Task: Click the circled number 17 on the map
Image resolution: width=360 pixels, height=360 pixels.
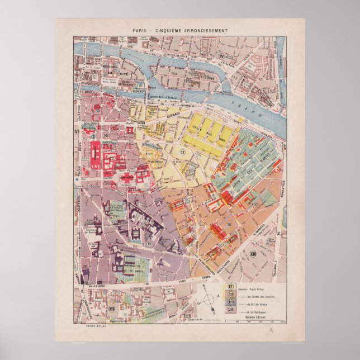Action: pos(182,153)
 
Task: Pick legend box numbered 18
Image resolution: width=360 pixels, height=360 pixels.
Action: pos(230,294)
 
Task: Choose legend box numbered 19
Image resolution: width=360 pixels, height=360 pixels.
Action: pos(230,302)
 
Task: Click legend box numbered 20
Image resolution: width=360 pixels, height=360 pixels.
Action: pos(230,311)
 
